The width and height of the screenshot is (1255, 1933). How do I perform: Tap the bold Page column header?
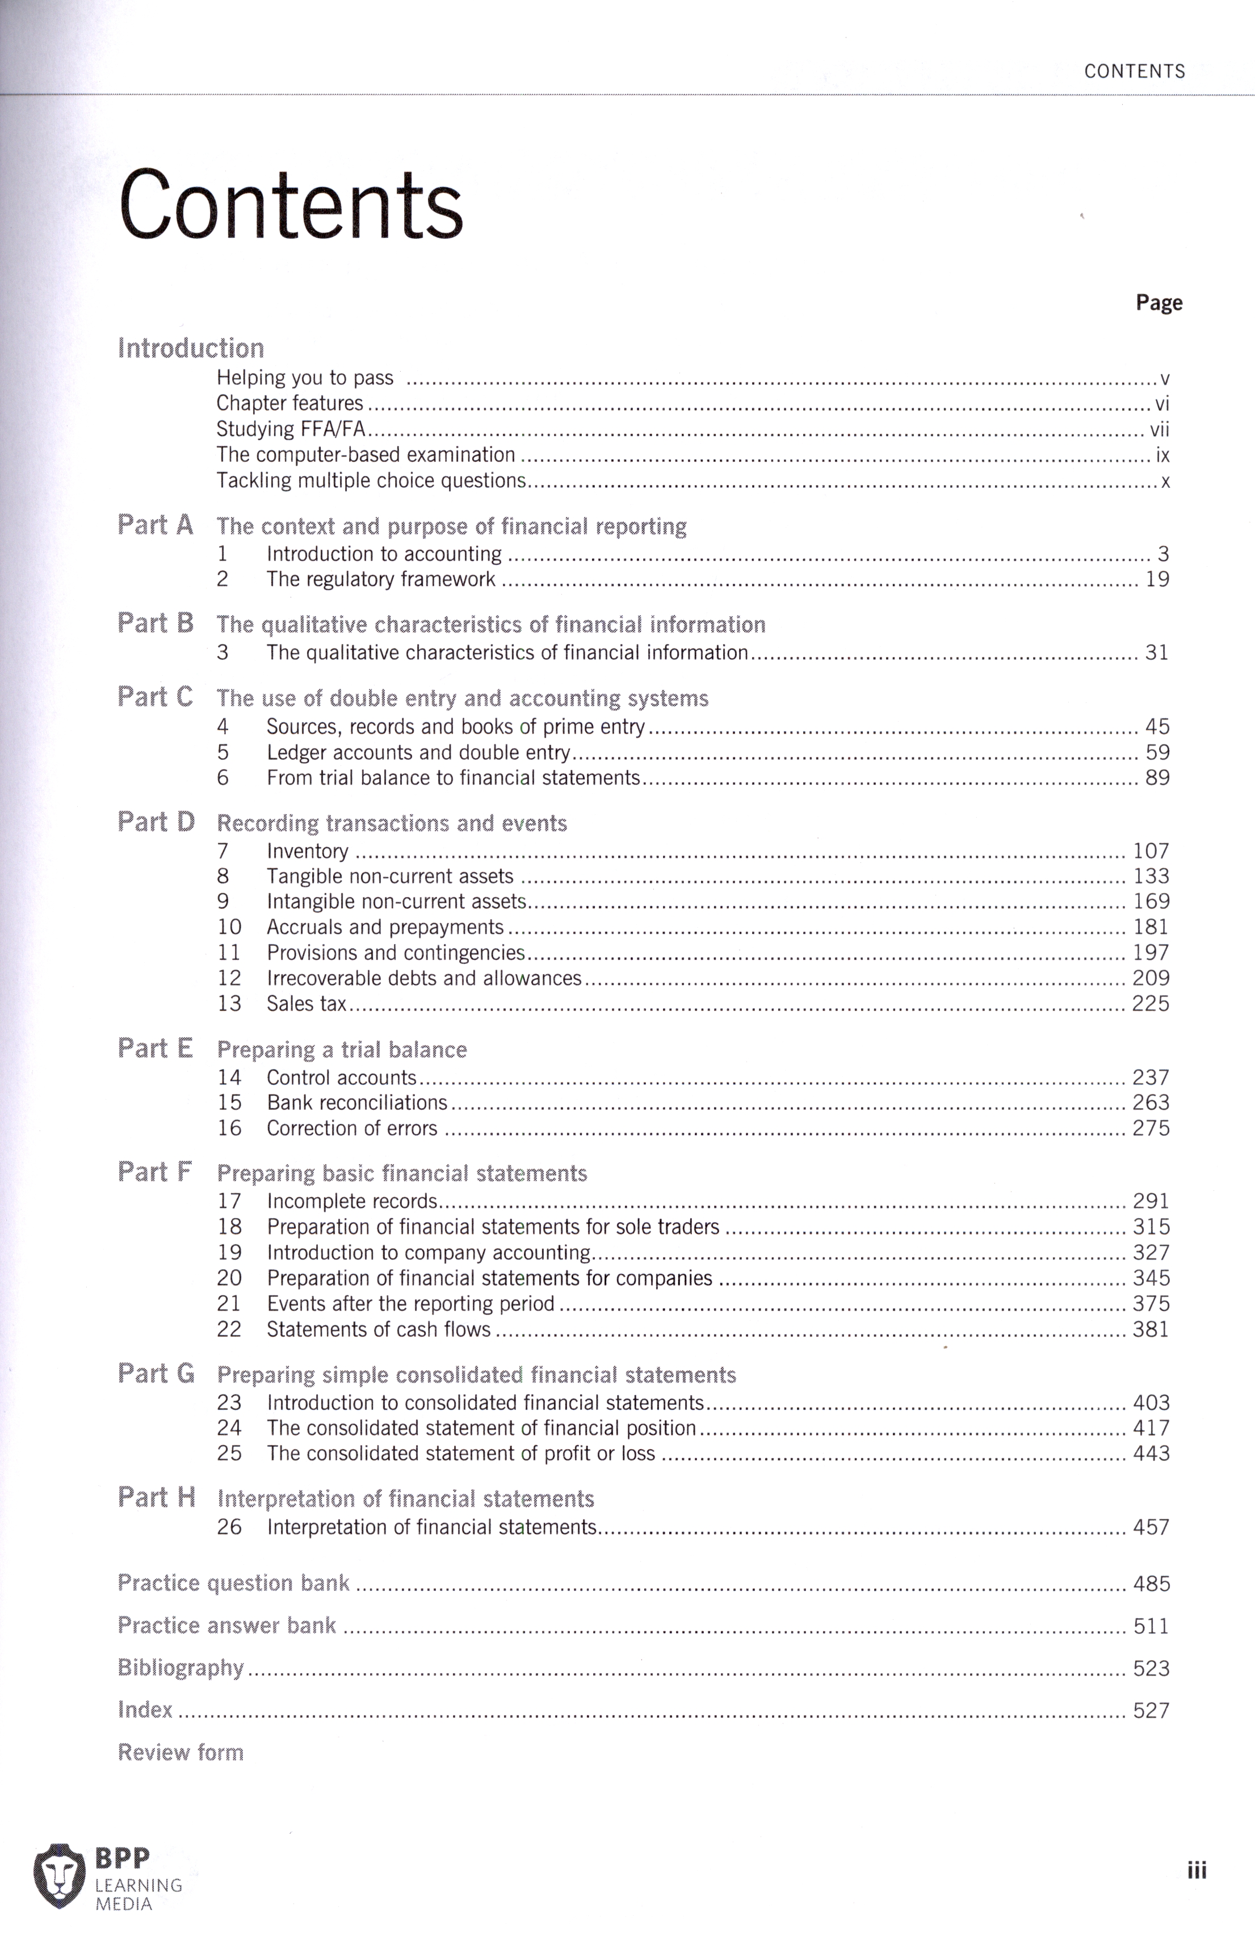(1159, 303)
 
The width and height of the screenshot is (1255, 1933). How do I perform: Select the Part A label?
(155, 525)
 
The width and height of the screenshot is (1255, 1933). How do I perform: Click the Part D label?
(156, 822)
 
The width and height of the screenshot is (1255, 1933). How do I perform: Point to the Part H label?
(156, 1498)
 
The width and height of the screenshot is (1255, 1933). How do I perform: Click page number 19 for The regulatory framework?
(1157, 579)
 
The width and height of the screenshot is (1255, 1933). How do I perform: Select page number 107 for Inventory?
(1151, 851)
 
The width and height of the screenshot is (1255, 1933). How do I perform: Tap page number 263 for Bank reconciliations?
(1151, 1103)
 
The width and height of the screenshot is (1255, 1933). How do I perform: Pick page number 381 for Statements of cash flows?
(1151, 1329)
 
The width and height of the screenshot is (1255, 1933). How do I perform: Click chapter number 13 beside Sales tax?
(229, 1004)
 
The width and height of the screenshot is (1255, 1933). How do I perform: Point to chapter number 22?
(229, 1329)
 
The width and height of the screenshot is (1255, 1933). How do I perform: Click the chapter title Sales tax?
(307, 1004)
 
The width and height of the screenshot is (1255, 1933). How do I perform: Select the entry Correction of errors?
(352, 1128)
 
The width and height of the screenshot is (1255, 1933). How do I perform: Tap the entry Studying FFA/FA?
(291, 429)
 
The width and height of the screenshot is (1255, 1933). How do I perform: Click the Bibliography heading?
(181, 1668)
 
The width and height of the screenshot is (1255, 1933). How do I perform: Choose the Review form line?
(181, 1753)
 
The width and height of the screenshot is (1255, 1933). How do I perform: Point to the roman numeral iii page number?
(1197, 1871)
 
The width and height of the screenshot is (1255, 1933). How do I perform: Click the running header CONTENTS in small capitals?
(1134, 71)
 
